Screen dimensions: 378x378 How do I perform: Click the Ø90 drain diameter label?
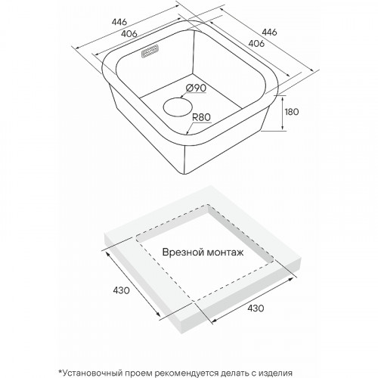[196, 88]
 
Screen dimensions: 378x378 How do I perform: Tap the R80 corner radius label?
[201, 117]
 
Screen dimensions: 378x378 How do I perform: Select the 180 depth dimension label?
[292, 112]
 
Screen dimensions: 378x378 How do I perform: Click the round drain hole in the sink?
[178, 107]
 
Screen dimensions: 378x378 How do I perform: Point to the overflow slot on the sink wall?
[150, 51]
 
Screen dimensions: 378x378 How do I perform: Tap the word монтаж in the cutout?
[225, 253]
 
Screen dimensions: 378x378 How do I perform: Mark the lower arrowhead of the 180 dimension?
[282, 129]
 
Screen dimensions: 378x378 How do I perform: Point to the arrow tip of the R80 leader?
[187, 133]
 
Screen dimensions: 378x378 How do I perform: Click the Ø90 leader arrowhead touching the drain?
[182, 97]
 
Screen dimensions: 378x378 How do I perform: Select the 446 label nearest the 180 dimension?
[269, 32]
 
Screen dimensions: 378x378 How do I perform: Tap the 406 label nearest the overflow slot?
[129, 33]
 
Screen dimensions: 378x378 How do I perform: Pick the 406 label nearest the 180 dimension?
[256, 43]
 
